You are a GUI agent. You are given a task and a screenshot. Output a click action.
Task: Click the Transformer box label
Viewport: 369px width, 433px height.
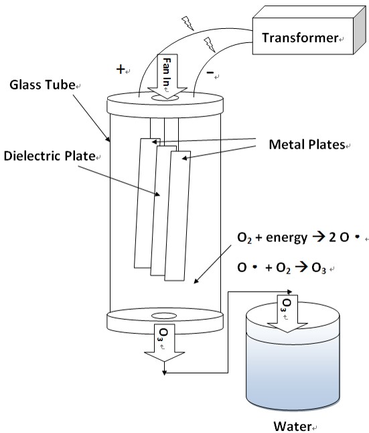[300, 38]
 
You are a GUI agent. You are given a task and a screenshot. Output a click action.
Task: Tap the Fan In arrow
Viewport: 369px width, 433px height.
[167, 76]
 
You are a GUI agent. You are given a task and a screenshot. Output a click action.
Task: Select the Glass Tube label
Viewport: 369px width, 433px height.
[42, 84]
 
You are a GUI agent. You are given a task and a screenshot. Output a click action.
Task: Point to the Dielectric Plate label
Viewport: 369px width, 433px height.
[50, 156]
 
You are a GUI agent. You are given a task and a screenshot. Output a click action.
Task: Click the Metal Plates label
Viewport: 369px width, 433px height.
[307, 144]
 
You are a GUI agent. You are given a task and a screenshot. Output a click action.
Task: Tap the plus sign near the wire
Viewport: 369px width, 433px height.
[121, 69]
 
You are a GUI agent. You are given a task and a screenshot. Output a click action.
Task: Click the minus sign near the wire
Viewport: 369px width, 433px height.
[210, 72]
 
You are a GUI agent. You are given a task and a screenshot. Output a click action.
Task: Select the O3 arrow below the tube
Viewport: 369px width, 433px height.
[164, 343]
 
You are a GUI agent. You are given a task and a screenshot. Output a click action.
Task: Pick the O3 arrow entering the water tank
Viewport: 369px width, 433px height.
[287, 314]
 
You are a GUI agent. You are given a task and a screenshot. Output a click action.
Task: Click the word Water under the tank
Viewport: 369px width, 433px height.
[292, 426]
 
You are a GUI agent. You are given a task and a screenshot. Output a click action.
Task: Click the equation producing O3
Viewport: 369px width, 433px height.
[281, 267]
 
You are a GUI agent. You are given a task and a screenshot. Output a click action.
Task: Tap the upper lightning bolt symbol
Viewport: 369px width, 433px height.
[188, 23]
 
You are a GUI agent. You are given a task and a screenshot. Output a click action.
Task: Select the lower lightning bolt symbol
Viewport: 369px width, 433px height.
[210, 45]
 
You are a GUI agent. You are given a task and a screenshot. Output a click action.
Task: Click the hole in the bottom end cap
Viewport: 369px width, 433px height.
[164, 316]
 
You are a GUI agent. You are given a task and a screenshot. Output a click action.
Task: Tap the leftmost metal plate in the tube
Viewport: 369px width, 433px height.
[143, 203]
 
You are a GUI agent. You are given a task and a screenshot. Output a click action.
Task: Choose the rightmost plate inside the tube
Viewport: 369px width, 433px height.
[177, 216]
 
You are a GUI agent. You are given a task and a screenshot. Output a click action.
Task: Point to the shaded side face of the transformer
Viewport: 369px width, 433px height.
[360, 30]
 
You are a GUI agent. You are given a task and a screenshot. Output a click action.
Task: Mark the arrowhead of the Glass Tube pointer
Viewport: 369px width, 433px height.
[108, 139]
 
